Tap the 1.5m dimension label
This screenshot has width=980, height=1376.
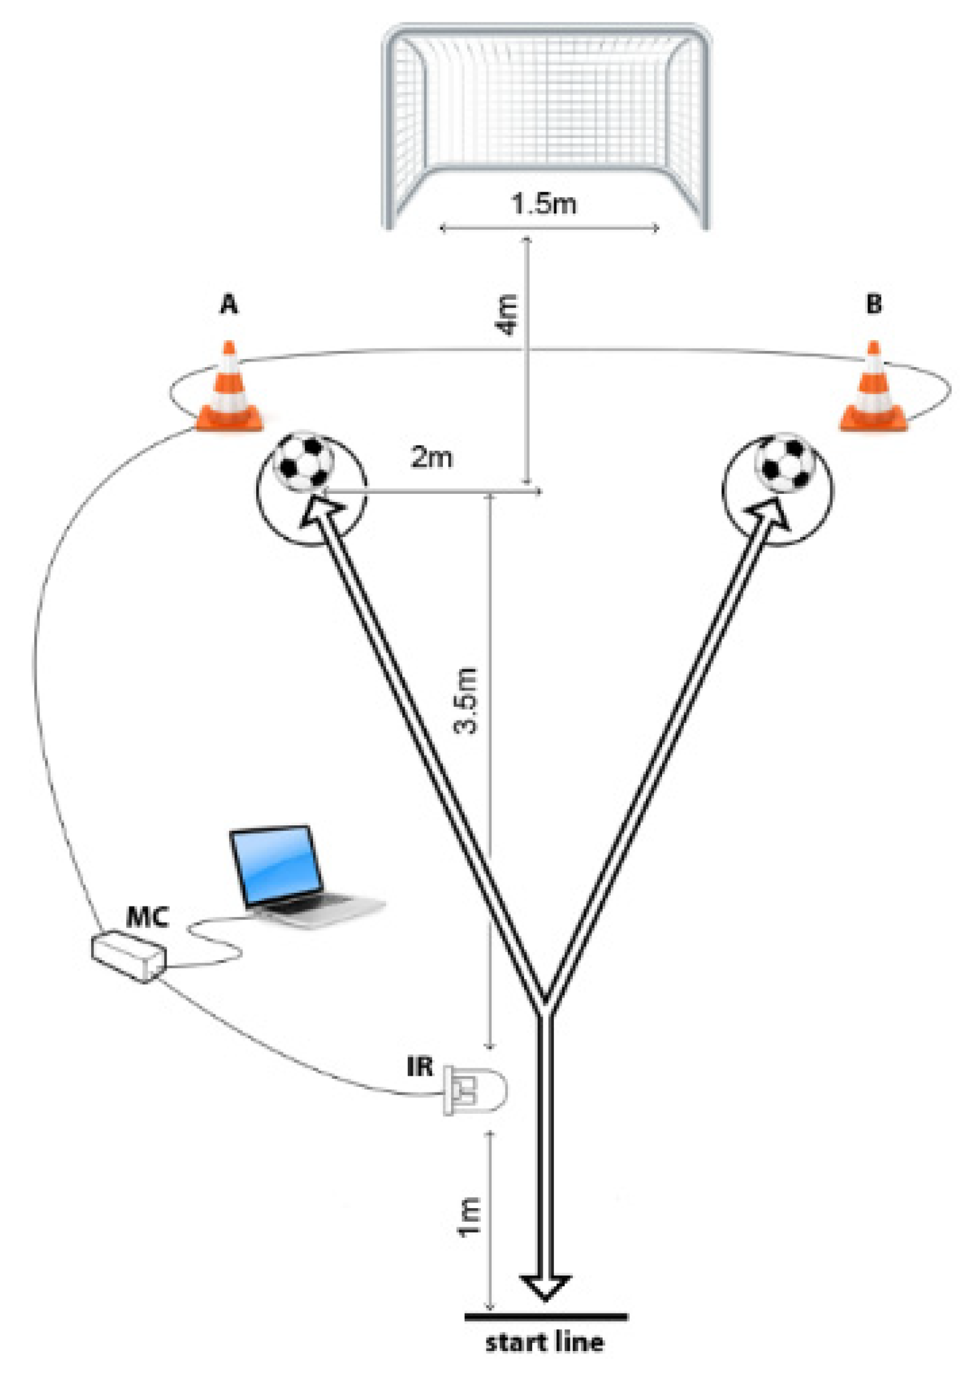543,204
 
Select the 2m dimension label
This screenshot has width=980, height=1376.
431,458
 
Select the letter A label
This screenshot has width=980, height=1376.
229,304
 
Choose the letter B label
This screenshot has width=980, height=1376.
873,304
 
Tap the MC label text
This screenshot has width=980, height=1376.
147,918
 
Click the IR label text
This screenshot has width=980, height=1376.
420,1067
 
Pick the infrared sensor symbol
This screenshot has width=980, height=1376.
475,1091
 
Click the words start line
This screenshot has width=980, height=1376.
545,1342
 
